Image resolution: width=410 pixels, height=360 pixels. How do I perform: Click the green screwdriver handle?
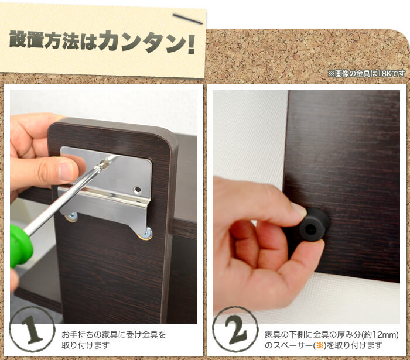click(21, 246)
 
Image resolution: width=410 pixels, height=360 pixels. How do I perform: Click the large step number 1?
click(32, 329)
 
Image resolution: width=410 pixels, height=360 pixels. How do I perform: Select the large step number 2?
click(236, 329)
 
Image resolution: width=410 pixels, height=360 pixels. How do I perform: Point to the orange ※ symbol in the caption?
click(320, 345)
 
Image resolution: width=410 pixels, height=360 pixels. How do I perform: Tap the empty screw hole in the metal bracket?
click(137, 190)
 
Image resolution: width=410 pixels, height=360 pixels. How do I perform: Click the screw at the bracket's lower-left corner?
click(71, 217)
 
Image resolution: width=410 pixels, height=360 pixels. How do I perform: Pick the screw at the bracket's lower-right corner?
click(146, 234)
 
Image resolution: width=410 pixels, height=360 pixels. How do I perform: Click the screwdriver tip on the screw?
click(102, 164)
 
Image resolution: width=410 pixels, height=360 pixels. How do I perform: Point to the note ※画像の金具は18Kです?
click(367, 74)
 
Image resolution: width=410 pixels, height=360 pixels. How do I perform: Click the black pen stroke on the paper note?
click(187, 19)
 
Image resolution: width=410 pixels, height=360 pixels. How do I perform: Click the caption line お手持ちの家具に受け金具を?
click(114, 335)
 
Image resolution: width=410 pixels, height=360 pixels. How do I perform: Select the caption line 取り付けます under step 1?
click(85, 345)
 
